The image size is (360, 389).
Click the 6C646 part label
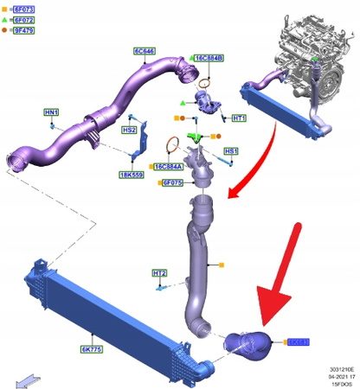[x=145, y=52]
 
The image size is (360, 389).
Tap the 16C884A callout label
[x=170, y=165]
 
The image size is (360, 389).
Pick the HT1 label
[x=240, y=118]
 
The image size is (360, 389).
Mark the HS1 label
[x=231, y=151]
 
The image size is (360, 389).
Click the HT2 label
[x=159, y=273]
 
